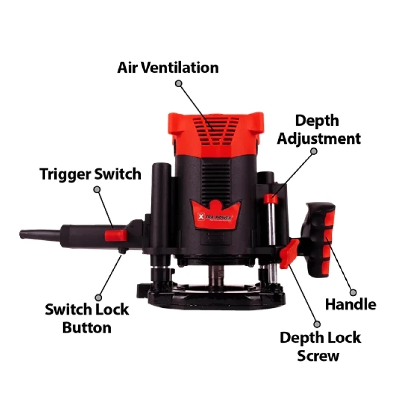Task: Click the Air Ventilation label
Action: [x=168, y=68]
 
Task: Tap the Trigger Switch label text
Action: [x=91, y=175]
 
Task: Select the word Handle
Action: [x=351, y=304]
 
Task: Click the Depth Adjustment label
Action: [x=319, y=129]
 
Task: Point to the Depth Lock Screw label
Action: [x=320, y=346]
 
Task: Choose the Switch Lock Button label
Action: [x=87, y=318]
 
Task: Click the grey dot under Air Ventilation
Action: [x=179, y=83]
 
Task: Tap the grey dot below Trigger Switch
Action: [x=97, y=190]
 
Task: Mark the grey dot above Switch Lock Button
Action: [x=98, y=298]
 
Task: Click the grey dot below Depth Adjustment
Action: [x=314, y=151]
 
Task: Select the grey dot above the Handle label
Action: [x=353, y=293]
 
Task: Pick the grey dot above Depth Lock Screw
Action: [x=317, y=324]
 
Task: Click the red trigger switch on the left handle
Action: [x=116, y=235]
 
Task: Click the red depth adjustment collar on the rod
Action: [x=271, y=199]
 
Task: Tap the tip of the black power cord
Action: [x=20, y=234]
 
